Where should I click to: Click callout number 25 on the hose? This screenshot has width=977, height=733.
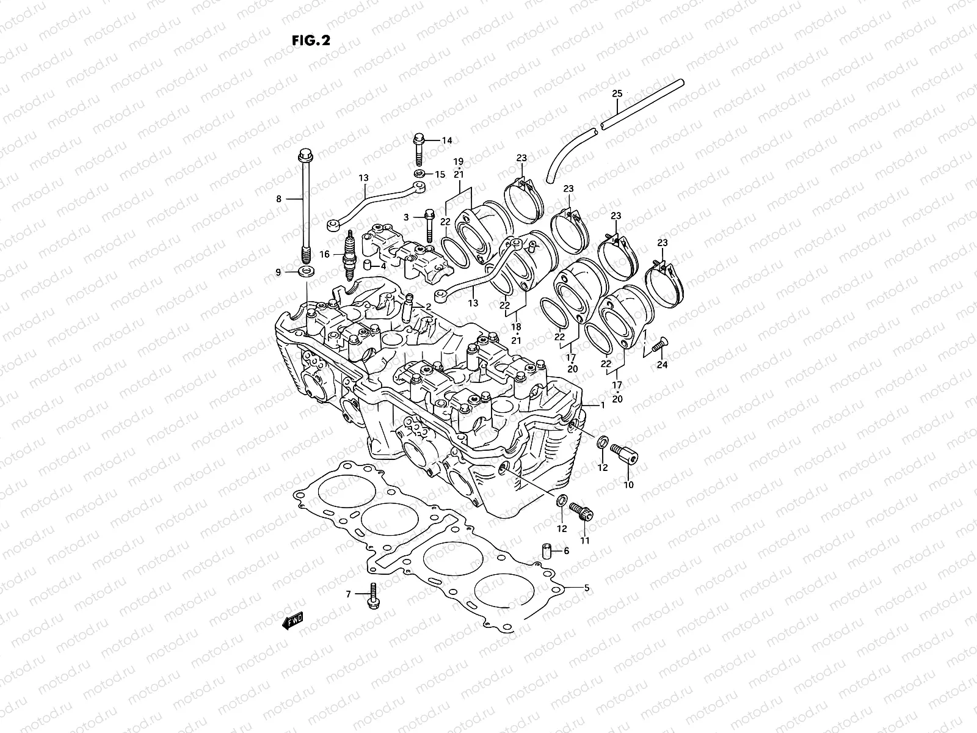pyautogui.click(x=617, y=93)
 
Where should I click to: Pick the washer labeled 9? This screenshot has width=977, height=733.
pyautogui.click(x=303, y=271)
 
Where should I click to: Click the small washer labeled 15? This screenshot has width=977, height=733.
pyautogui.click(x=419, y=174)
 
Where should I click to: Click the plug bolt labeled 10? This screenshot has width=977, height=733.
pyautogui.click(x=623, y=454)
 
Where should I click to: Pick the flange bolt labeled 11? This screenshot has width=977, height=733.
pyautogui.click(x=580, y=512)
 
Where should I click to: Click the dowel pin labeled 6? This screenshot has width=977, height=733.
pyautogui.click(x=547, y=551)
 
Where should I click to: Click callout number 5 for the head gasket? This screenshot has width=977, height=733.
pyautogui.click(x=586, y=588)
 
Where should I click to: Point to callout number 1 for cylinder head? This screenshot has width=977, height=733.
pyautogui.click(x=602, y=405)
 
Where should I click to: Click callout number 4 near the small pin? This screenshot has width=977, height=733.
pyautogui.click(x=383, y=266)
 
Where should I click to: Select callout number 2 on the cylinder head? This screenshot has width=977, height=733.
pyautogui.click(x=429, y=306)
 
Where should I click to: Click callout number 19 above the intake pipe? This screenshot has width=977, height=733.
pyautogui.click(x=459, y=162)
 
